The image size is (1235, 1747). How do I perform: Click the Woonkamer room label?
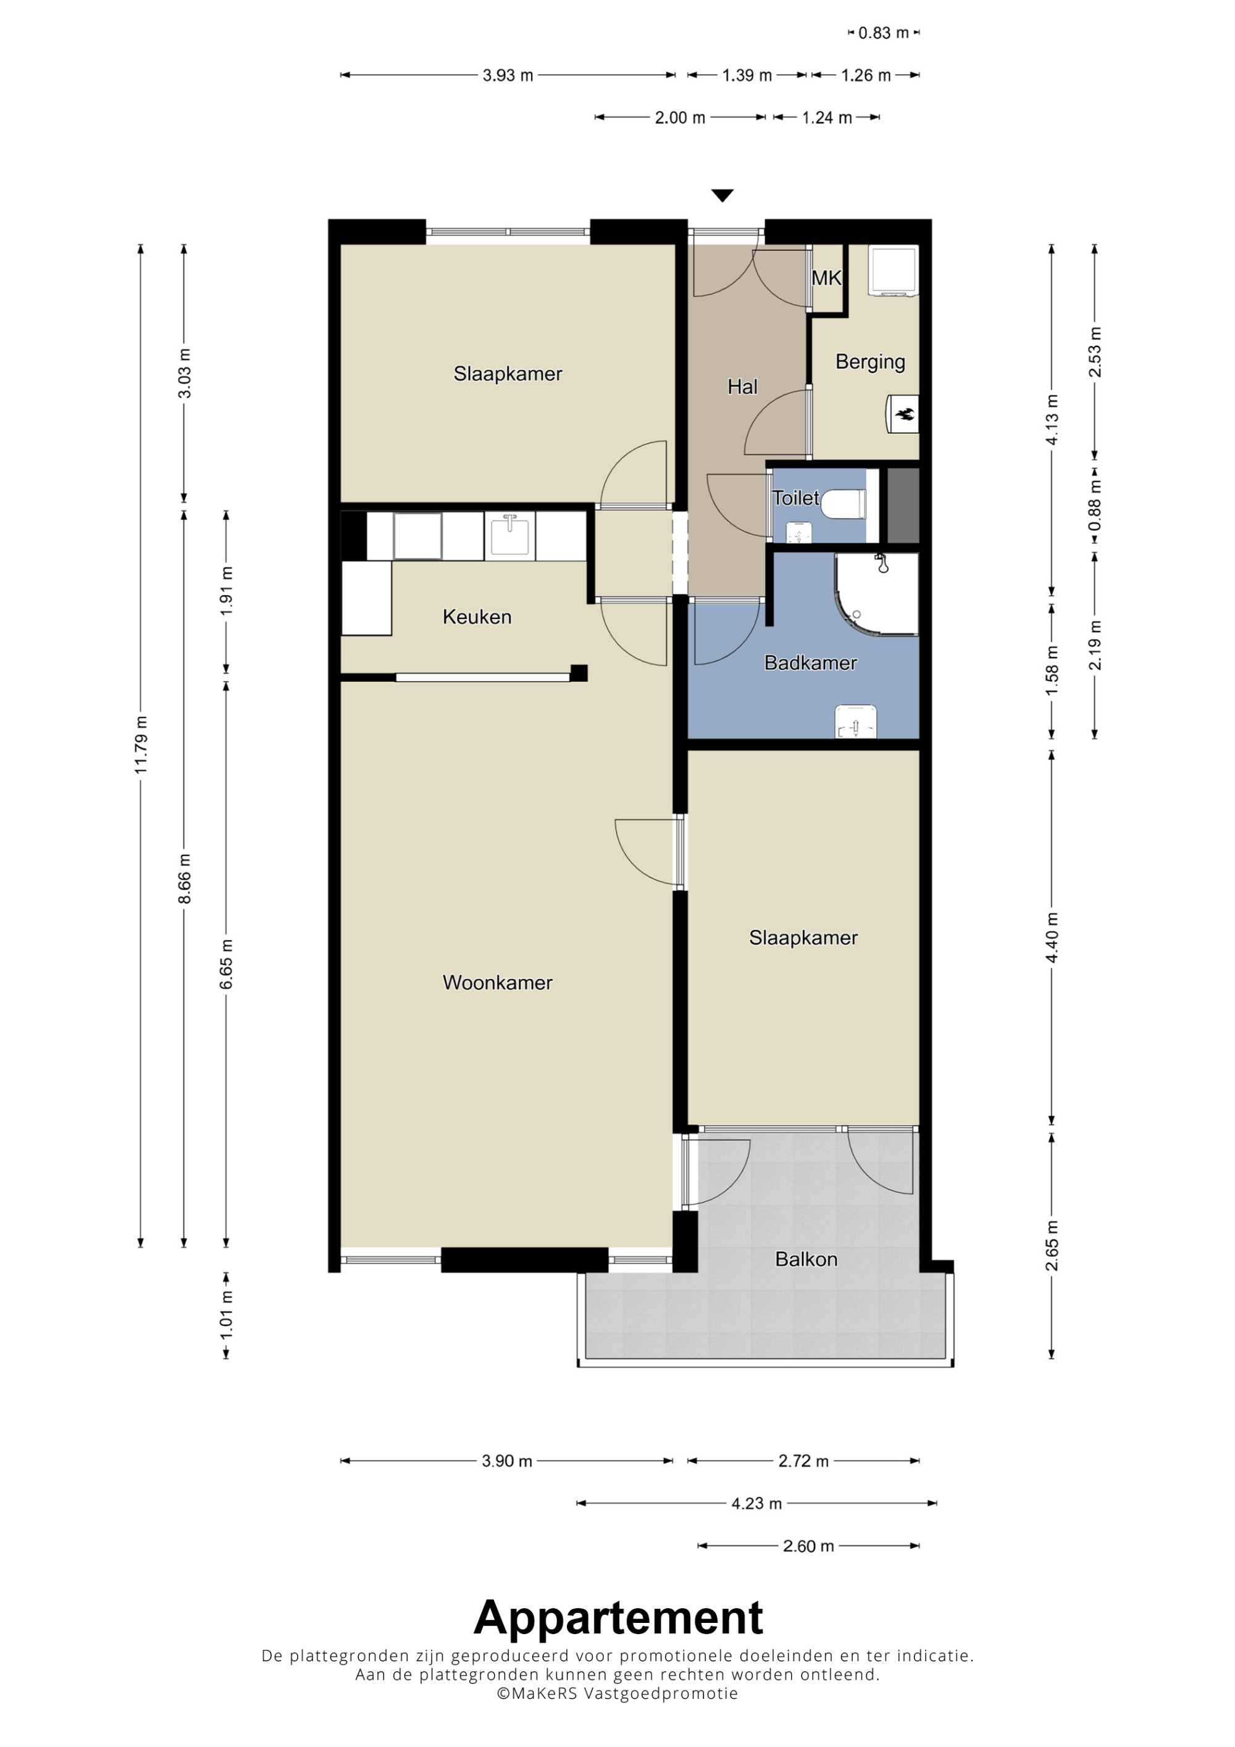pos(498,982)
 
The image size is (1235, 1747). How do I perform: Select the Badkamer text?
pos(810,663)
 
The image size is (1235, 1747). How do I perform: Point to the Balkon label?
pos(806,1259)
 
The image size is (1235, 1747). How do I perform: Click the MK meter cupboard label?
pos(826,278)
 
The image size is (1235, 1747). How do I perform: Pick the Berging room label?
pos(871,362)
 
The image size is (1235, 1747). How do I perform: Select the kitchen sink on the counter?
pos(510,536)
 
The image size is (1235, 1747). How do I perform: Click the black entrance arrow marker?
pos(722,196)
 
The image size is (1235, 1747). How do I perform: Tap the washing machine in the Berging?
pos(894,271)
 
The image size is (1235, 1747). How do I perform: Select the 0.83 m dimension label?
pos(884,33)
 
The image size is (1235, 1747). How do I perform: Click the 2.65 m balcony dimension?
pos(1052,1246)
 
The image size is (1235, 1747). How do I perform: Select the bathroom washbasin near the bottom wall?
pos(856,721)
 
